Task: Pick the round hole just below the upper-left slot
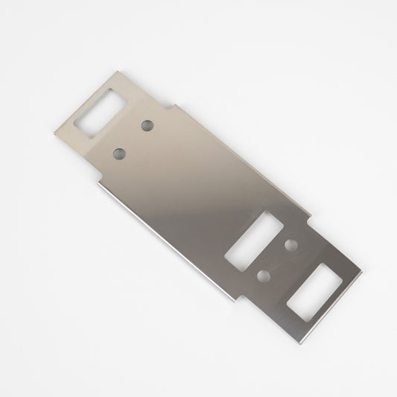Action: click(119, 153)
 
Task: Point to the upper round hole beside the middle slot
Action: click(290, 244)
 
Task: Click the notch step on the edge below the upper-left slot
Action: click(98, 177)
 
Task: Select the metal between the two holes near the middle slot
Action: click(276, 260)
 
